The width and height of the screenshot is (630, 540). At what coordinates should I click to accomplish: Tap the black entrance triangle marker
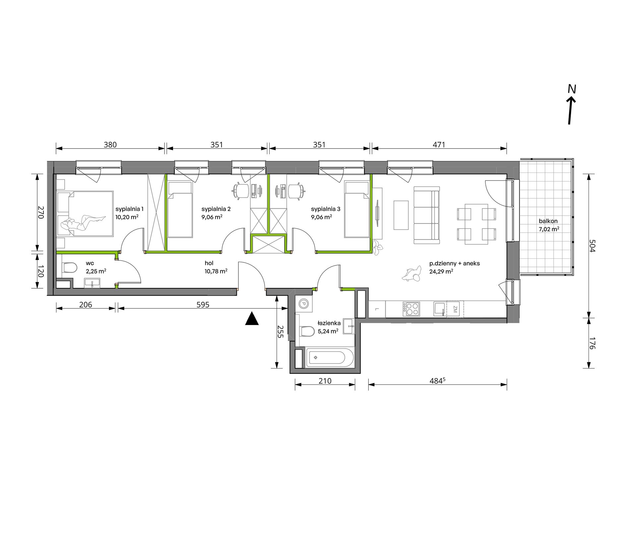[252, 319]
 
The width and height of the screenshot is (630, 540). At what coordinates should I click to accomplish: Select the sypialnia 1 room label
[129, 209]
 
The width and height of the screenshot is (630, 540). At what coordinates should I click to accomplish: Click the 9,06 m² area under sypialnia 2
[212, 217]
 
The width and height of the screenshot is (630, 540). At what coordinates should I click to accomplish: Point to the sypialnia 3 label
[326, 209]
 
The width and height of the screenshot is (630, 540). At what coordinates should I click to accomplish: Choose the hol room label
[209, 263]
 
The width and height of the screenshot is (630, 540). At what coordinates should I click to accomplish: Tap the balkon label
[548, 221]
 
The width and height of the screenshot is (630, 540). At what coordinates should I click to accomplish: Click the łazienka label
[329, 323]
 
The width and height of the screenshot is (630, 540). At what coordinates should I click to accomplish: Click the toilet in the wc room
[69, 267]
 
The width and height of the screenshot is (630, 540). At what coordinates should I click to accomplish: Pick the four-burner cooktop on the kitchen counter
[411, 309]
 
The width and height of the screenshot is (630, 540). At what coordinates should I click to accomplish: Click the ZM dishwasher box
[455, 309]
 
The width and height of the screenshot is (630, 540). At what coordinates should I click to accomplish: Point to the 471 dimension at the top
[439, 145]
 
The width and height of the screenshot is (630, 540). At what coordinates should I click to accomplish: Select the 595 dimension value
[203, 304]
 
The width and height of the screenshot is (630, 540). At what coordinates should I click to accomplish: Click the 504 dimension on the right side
[592, 246]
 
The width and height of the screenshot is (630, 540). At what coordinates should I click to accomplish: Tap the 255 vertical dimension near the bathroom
[281, 332]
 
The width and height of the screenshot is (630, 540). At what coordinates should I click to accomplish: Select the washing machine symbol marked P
[303, 303]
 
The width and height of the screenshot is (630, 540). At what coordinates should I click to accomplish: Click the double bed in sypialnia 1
[85, 214]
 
